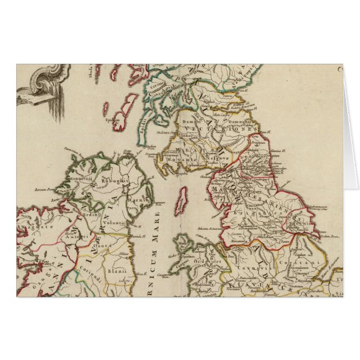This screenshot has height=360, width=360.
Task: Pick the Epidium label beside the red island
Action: point(110,119)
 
